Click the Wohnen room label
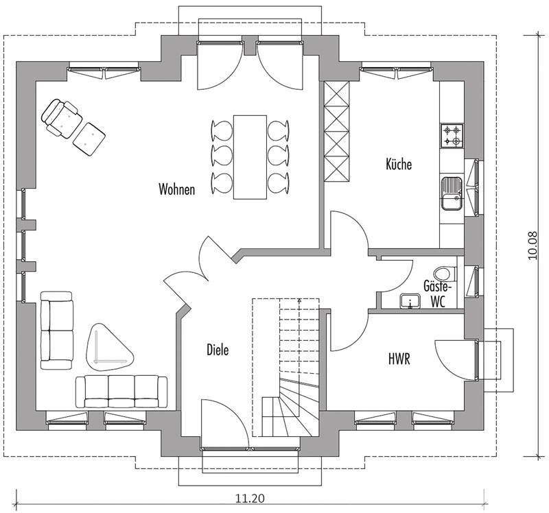[x=176, y=189]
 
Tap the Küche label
[x=399, y=165]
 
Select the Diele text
[x=218, y=350]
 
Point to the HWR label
[x=399, y=359]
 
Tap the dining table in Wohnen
[x=250, y=156]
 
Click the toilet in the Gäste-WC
[x=444, y=273]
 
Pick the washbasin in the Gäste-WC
[x=411, y=300]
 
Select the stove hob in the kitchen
[x=452, y=135]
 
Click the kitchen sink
[x=452, y=192]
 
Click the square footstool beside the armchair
[x=89, y=137]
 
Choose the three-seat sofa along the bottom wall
[x=121, y=391]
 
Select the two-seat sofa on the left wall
[x=57, y=329]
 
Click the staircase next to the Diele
[x=287, y=367]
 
